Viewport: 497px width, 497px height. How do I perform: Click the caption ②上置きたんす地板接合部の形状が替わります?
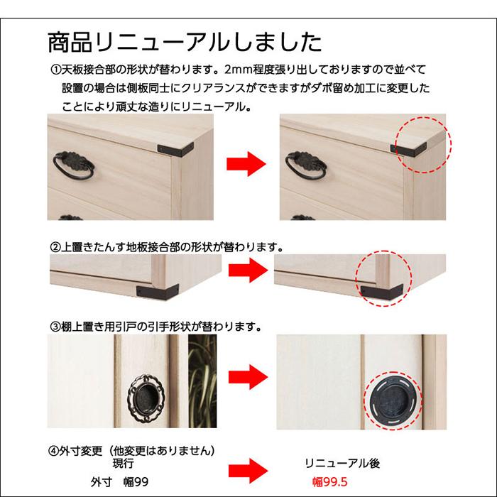(167, 248)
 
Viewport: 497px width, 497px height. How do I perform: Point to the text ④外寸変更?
(75, 451)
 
